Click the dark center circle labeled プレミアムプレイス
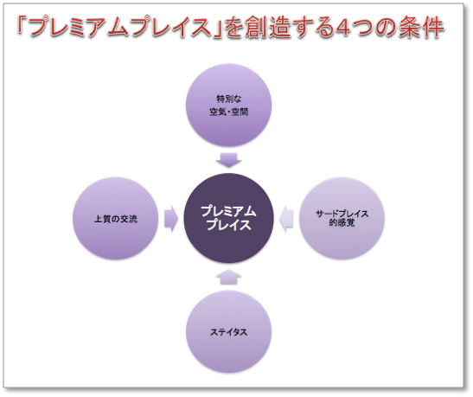click(x=228, y=219)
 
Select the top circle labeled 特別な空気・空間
click(x=228, y=105)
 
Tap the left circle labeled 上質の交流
click(x=116, y=219)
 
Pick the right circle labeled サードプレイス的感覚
click(x=342, y=219)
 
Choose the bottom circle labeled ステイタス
click(x=228, y=332)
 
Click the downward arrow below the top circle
click(x=228, y=160)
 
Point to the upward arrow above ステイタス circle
click(x=228, y=277)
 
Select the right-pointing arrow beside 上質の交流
click(x=171, y=219)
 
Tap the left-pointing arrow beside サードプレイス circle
click(x=286, y=219)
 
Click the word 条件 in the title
click(x=422, y=27)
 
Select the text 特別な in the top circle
click(x=229, y=99)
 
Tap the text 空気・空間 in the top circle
click(x=229, y=112)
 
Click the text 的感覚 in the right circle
click(x=342, y=223)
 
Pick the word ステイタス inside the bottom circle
click(x=228, y=332)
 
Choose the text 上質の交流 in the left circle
click(x=116, y=219)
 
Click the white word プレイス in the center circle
click(x=229, y=226)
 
